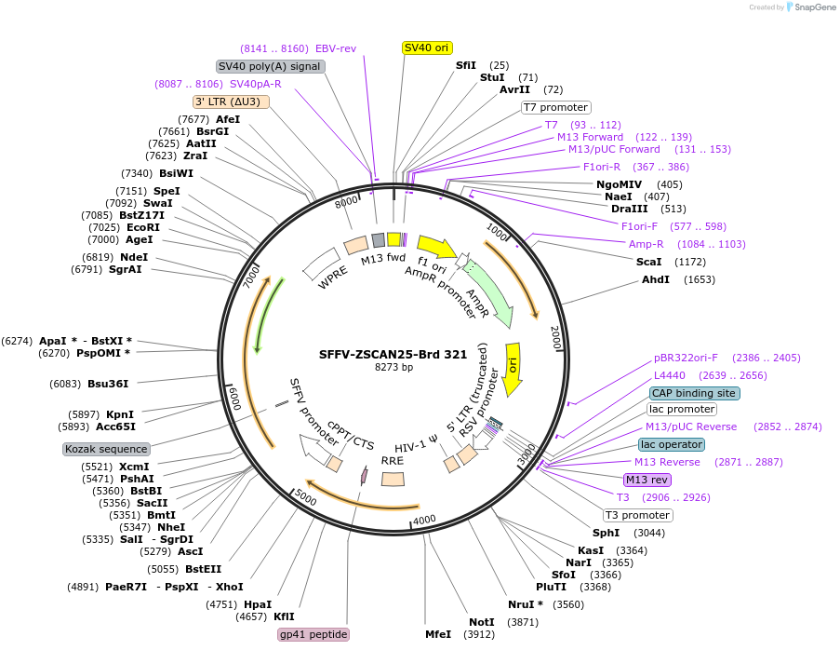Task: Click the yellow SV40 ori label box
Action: (x=427, y=47)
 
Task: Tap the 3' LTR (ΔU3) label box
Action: (x=232, y=102)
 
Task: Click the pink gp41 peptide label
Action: (x=313, y=634)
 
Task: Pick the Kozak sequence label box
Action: (x=107, y=449)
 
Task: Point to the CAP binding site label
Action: (x=695, y=393)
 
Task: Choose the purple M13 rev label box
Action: (x=647, y=480)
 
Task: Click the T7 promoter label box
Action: (x=555, y=107)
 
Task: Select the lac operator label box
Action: (x=672, y=444)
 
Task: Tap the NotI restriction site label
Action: (x=482, y=622)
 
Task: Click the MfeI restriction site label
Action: (x=438, y=634)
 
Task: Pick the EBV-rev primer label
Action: (x=336, y=48)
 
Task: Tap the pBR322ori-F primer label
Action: (x=686, y=358)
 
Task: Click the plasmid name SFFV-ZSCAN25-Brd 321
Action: (x=393, y=355)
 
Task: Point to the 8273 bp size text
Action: (x=393, y=368)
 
